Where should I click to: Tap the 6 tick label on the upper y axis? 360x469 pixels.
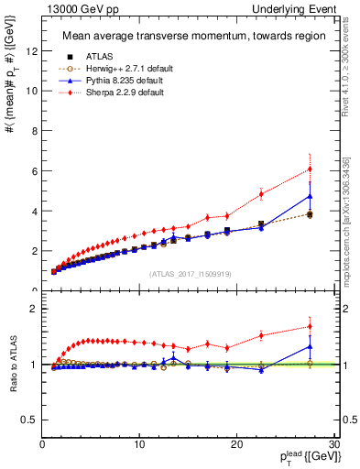[34, 170]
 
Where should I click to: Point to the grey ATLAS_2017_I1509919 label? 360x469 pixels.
[189, 273]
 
